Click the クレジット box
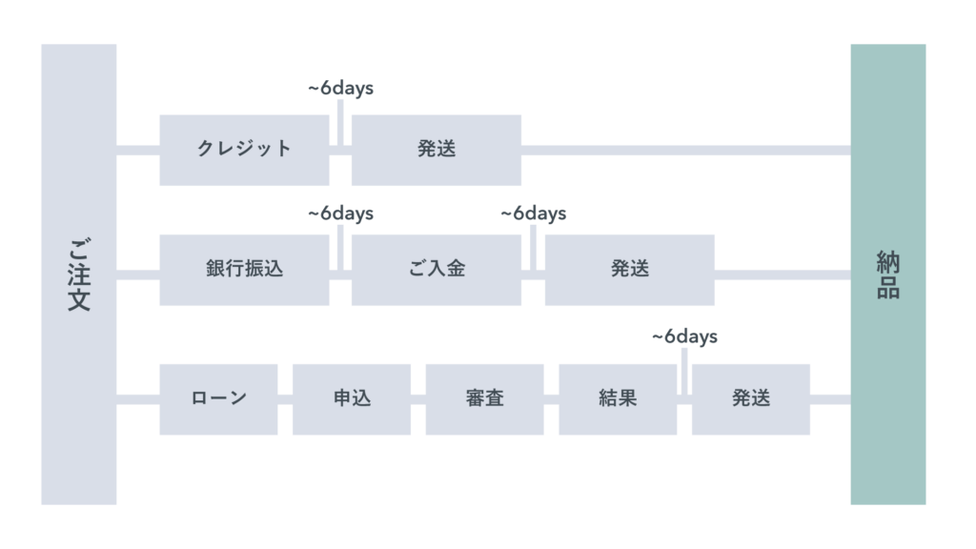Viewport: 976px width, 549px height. (x=244, y=150)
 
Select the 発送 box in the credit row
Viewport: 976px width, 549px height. (x=437, y=150)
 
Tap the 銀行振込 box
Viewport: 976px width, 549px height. (x=244, y=270)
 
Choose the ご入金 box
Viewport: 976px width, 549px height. (x=437, y=270)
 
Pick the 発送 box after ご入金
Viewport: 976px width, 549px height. (x=630, y=270)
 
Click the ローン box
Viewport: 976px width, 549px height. (x=218, y=399)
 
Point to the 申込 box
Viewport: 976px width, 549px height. (x=352, y=399)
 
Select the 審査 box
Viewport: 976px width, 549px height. (x=485, y=399)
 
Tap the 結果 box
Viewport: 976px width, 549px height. (x=618, y=399)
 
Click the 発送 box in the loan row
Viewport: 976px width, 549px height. (x=751, y=399)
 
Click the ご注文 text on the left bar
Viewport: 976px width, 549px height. (x=79, y=274)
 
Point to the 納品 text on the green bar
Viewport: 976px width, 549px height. (x=888, y=274)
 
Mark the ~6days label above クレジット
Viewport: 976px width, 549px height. (x=340, y=89)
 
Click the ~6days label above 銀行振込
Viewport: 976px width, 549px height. (x=340, y=213)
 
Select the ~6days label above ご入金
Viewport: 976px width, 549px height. (x=534, y=213)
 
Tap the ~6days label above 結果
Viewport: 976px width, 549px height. (x=684, y=336)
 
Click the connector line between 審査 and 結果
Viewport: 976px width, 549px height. (x=552, y=399)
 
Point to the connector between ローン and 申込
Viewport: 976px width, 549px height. (x=285, y=399)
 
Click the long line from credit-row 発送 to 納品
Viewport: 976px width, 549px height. (x=686, y=150)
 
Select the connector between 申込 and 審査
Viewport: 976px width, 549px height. (x=418, y=399)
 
